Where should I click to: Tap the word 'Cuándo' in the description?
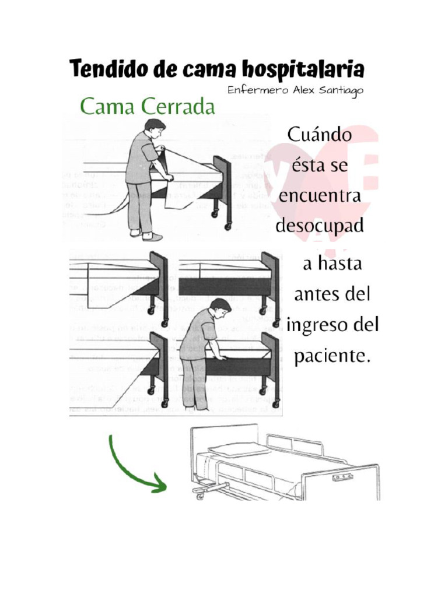click(319, 135)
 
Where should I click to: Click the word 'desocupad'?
click(319, 226)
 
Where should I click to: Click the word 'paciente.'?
click(332, 356)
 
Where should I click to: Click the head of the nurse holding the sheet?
click(155, 127)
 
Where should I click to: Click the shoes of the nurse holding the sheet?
click(146, 235)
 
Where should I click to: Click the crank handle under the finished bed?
click(202, 493)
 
